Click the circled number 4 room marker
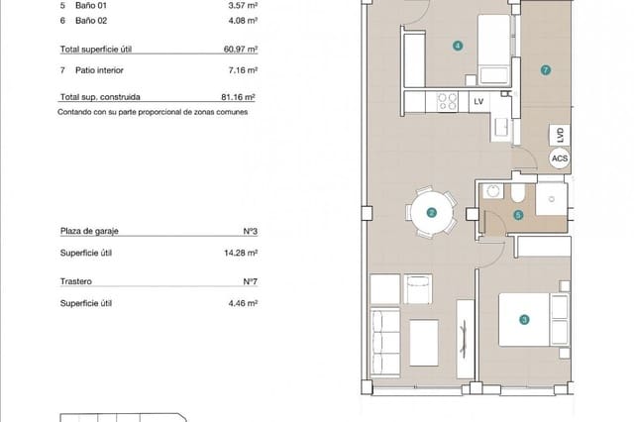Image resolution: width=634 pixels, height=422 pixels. (x=457, y=45)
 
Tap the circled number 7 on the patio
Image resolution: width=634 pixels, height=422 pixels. (x=545, y=70)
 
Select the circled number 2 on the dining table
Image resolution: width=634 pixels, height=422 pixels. (x=431, y=212)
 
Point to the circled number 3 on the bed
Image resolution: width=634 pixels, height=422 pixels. (x=524, y=319)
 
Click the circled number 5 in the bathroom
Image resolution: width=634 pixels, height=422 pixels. (x=518, y=214)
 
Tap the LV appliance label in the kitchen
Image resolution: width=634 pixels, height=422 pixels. (x=478, y=102)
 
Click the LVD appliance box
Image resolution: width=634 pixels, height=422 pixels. (x=560, y=135)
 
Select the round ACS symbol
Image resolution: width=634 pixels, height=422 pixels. (x=560, y=158)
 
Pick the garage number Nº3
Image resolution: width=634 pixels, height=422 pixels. (x=250, y=231)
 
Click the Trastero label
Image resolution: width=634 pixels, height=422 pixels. (x=76, y=281)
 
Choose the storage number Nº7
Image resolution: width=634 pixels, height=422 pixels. (x=250, y=281)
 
